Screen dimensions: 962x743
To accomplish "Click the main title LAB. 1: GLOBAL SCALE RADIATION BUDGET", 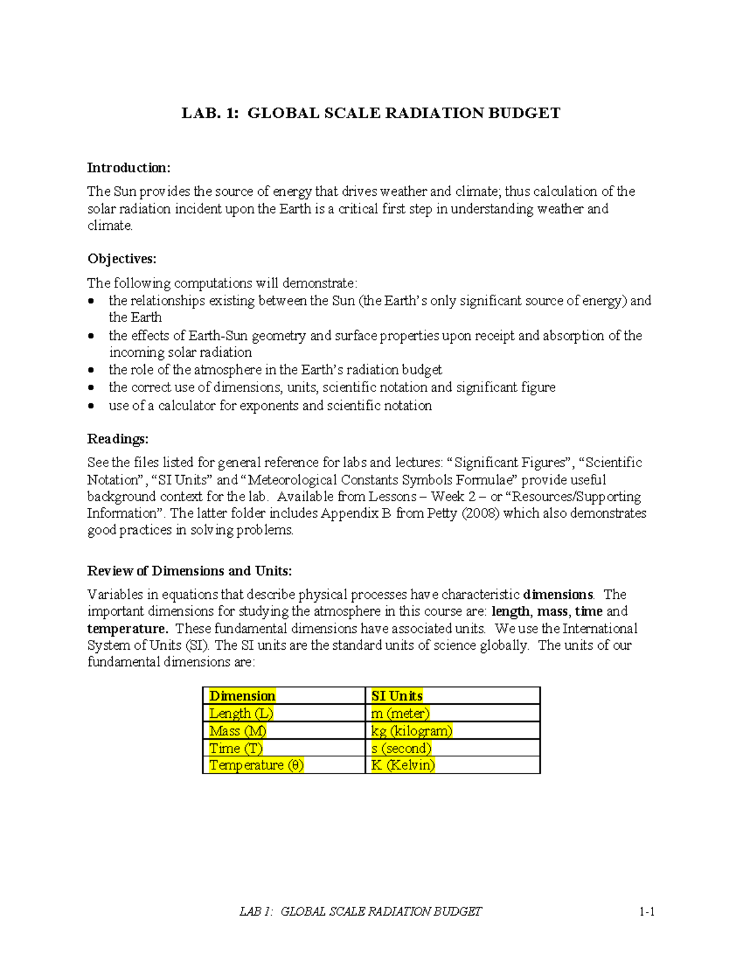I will pos(370,113).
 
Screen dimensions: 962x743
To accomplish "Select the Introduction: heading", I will pos(128,168).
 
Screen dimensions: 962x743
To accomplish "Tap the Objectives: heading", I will pos(122,259).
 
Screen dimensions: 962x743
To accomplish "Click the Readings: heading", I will pos(118,439).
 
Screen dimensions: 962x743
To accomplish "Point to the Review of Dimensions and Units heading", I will pos(189,571).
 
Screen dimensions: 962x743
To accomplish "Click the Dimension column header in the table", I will pos(242,696).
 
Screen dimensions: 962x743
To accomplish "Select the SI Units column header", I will pos(397,696).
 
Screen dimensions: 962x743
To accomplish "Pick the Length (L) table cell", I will pos(241,713).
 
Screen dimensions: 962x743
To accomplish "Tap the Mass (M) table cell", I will pos(238,730).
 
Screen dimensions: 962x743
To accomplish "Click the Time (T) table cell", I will pos(236,748).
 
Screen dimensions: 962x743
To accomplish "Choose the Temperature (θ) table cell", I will pos(256,765).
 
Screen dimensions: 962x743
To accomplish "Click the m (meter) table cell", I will pos(400,713).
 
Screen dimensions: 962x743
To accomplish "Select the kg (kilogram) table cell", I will pos(412,730).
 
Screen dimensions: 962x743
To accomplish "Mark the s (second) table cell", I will pos(401,748).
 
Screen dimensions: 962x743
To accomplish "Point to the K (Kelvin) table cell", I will pos(403,765).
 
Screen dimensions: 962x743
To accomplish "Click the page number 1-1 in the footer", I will pos(647,911).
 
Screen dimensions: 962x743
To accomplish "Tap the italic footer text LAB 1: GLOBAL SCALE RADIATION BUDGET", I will pos(360,911).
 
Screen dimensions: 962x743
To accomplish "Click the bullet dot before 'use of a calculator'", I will pos(92,406).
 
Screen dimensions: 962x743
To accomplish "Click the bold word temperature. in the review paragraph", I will pos(127,629).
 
